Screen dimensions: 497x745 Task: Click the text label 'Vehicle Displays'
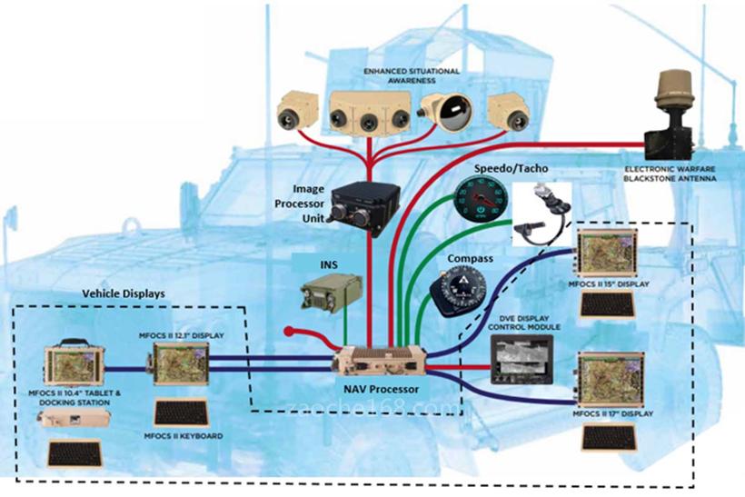pos(124,295)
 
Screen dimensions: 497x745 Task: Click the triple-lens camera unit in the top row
pos(368,114)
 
